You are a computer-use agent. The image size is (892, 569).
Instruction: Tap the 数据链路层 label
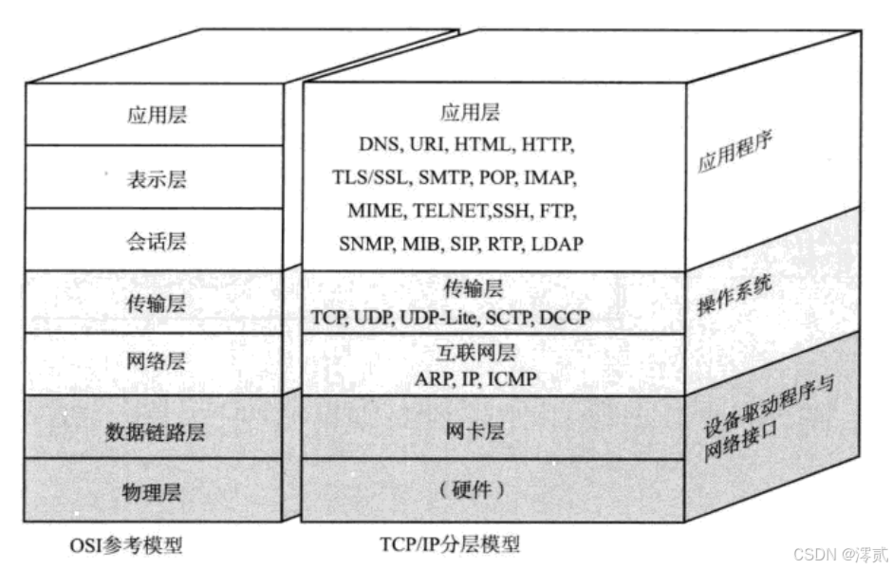click(x=156, y=433)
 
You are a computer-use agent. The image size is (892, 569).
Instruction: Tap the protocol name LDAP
click(x=557, y=244)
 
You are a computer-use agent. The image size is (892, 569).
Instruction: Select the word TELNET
click(x=446, y=211)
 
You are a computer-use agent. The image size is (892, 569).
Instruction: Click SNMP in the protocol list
click(x=365, y=244)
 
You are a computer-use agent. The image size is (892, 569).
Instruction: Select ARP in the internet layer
click(x=433, y=379)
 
